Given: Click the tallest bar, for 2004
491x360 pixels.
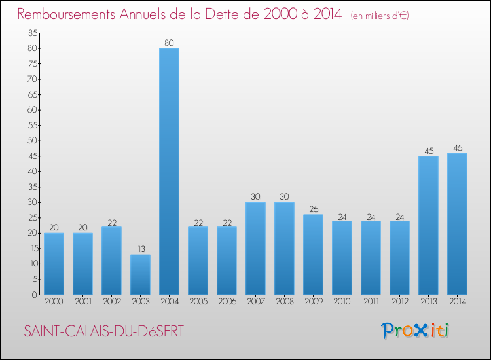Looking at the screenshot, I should tap(169, 171).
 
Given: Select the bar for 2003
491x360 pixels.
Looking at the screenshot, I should tap(140, 274).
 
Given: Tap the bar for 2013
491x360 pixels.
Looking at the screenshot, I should tap(428, 225).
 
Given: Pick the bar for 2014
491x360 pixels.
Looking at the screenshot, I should tap(457, 224).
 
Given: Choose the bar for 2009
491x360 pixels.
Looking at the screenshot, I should tap(313, 254).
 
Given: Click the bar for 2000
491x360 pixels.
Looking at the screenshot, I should tap(54, 263).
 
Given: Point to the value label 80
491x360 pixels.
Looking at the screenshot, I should tap(169, 43).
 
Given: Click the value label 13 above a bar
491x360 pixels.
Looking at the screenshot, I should tap(140, 249).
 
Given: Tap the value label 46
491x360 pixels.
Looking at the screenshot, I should tap(457, 148).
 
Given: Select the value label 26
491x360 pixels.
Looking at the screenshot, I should tap(313, 209).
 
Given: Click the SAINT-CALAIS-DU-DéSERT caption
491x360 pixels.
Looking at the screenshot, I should tap(103, 331).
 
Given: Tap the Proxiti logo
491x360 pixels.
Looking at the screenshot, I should tap(416, 331).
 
